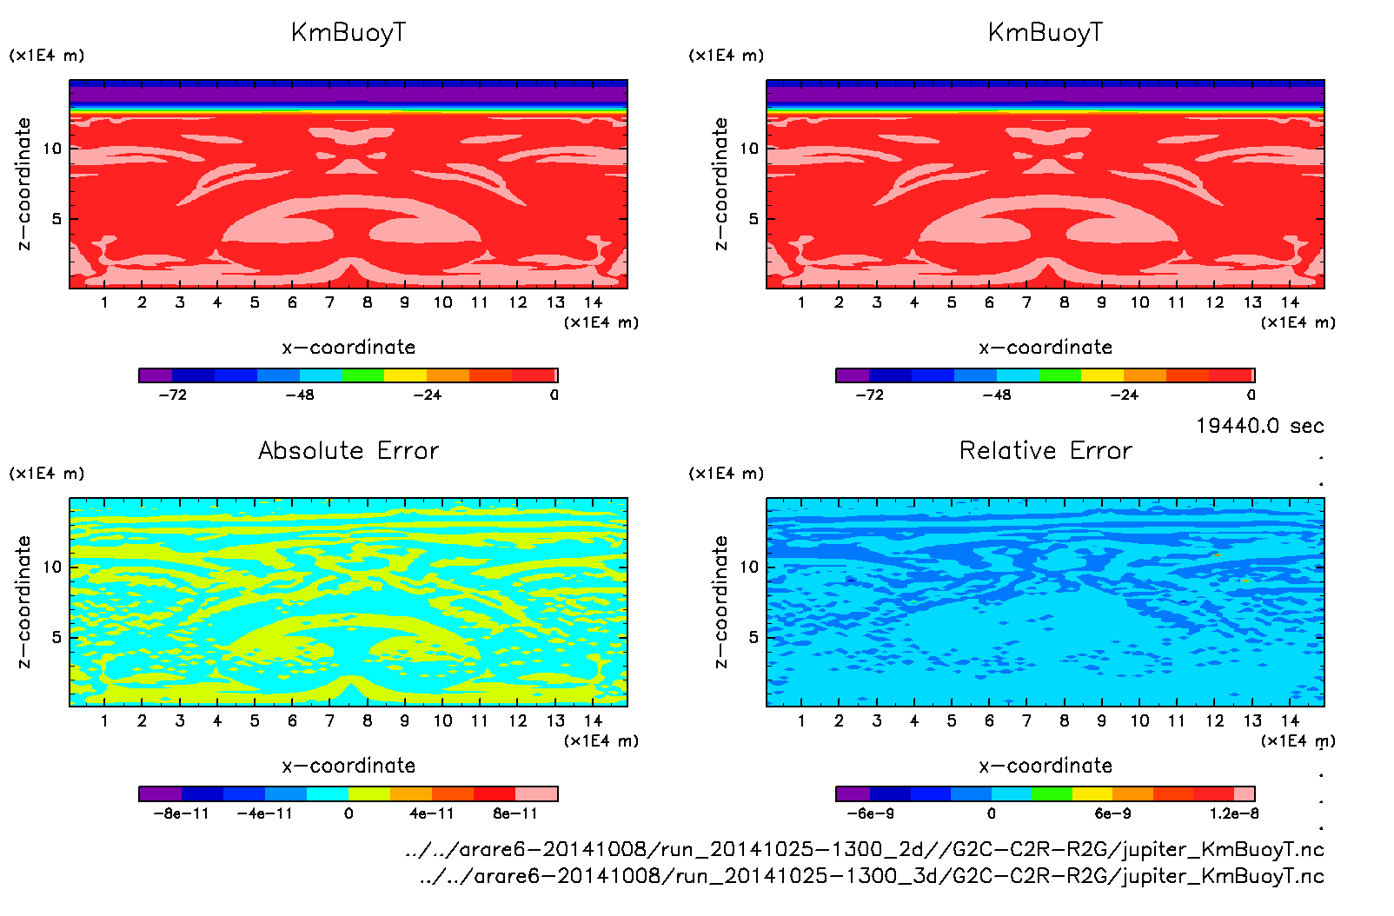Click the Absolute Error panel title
point(348,450)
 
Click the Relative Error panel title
point(1045,450)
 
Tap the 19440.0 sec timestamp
point(1259,426)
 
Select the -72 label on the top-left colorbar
point(172,395)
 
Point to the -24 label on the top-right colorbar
point(1124,395)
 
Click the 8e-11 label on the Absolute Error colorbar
point(515,813)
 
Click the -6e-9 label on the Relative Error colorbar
point(870,813)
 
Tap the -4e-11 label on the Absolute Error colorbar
point(265,813)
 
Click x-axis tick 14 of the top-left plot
point(593,302)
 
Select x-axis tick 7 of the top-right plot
point(1026,302)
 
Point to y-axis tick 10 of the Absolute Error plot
point(53,567)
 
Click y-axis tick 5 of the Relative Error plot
point(753,637)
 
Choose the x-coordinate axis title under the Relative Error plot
point(1045,766)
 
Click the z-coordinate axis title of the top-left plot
point(23,184)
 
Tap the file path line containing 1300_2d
point(865,849)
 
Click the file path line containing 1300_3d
point(872,876)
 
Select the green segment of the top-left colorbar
point(362,375)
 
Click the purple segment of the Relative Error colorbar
point(853,793)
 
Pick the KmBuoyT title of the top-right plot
point(1045,33)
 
